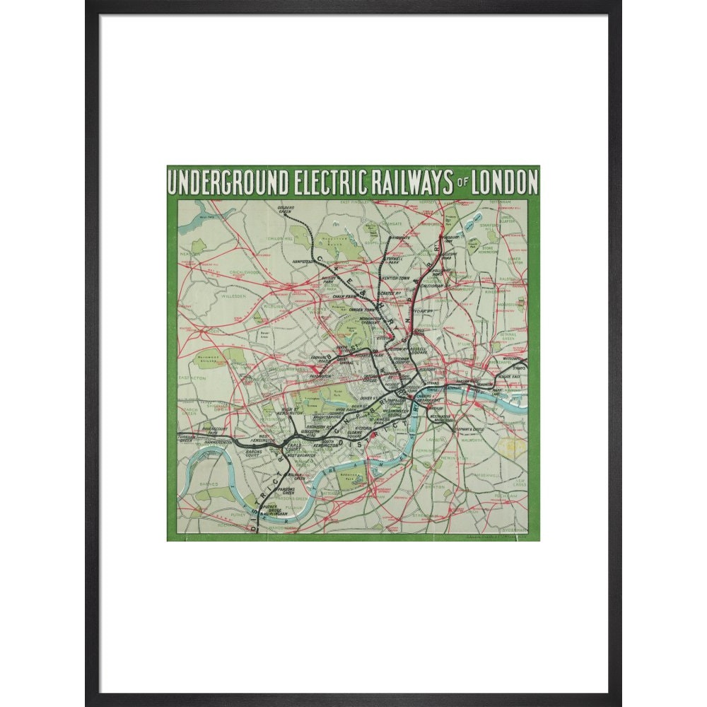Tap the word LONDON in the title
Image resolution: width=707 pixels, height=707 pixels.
coord(503,182)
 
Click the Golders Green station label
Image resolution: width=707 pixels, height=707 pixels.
coord(284,209)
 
